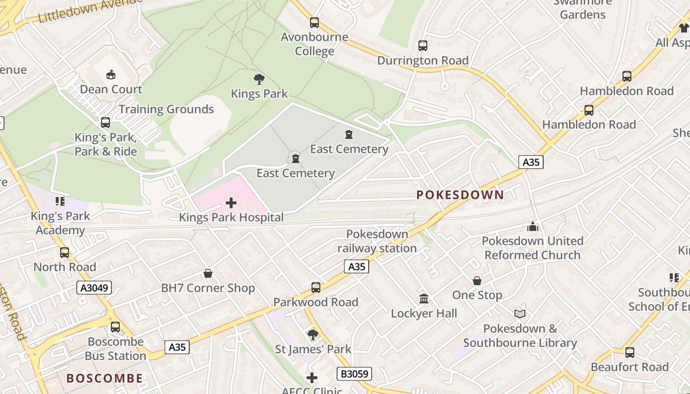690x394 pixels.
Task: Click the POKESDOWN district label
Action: pos(460,195)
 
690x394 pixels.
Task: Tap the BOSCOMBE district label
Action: pos(104,378)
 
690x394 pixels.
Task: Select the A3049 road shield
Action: pos(94,288)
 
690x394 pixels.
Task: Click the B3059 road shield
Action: pos(354,374)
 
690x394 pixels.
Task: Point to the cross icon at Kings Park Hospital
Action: pos(231,202)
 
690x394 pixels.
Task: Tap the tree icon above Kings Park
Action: pos(259,79)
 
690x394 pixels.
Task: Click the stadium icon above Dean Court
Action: pos(111,74)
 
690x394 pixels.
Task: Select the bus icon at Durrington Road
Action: pos(422,46)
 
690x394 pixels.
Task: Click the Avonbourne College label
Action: pos(314,44)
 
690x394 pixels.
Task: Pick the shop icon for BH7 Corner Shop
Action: pos(208,273)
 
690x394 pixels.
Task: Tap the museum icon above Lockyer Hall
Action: pos(424,298)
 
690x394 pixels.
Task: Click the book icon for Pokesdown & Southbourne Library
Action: pos(519,314)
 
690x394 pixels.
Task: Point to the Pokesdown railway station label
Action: pos(377,241)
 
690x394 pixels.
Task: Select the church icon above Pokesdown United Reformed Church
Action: pos(532,227)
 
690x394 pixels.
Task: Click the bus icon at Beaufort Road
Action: pos(629,353)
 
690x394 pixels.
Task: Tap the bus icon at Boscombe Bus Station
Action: pos(115,327)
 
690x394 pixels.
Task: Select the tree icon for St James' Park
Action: pos(312,335)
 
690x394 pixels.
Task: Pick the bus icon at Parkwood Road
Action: pos(315,288)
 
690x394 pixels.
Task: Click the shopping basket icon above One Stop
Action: pos(477,281)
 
